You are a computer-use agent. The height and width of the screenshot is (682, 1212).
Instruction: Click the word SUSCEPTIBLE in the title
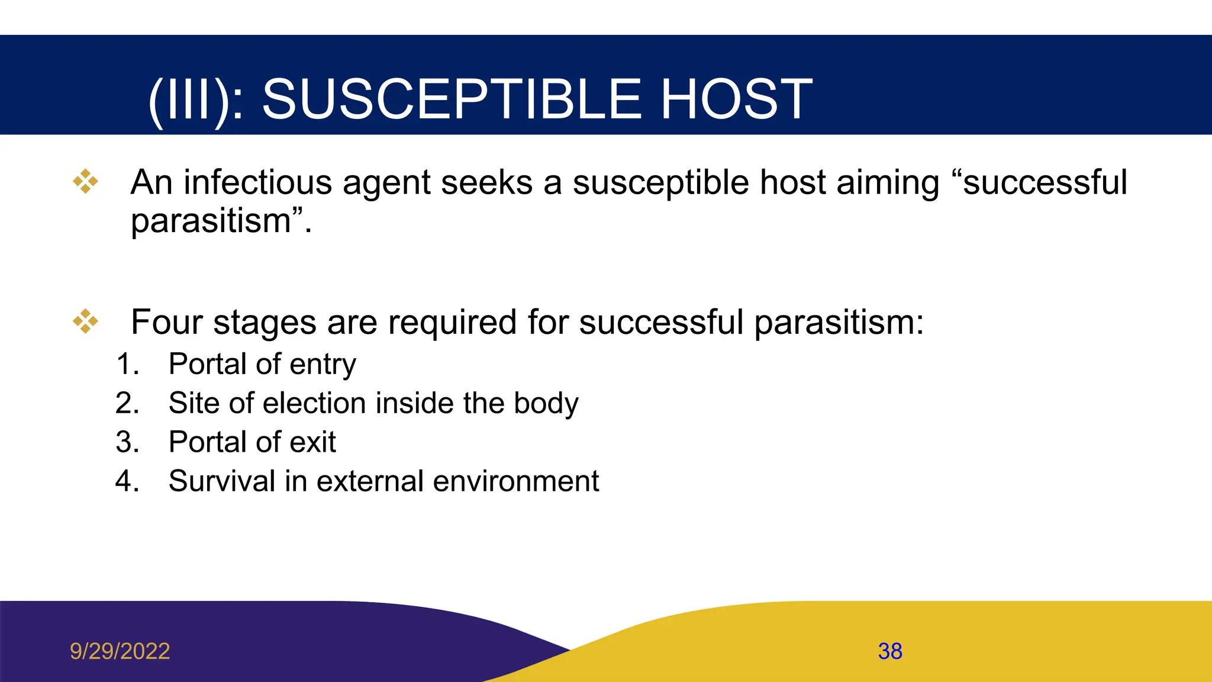click(452, 99)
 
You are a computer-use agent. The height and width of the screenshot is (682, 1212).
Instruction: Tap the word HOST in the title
click(736, 99)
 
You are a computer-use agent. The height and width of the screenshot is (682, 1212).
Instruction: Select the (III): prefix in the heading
click(196, 101)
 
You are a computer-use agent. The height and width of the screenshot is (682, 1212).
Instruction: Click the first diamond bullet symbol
click(85, 182)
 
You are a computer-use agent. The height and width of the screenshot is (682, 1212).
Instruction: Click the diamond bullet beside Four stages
click(85, 321)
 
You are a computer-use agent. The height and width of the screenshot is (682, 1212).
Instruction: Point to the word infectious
click(257, 182)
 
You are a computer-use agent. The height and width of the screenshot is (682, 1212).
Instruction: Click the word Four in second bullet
click(166, 323)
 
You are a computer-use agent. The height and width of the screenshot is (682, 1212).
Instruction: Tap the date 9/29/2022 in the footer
click(120, 651)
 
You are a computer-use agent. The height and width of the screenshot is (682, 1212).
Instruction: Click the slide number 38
click(889, 651)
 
